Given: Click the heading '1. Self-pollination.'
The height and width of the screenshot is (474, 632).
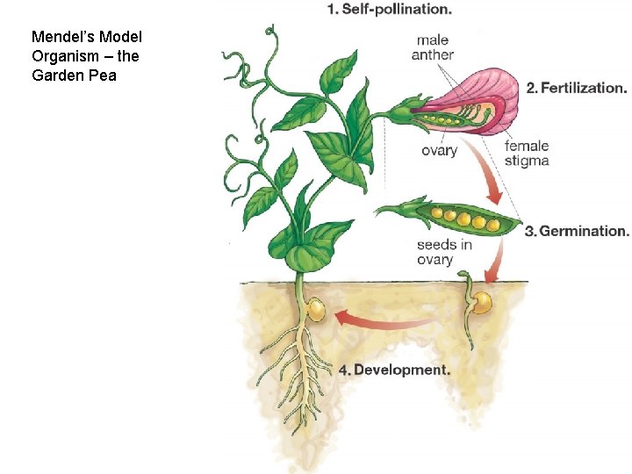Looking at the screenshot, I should (x=389, y=10).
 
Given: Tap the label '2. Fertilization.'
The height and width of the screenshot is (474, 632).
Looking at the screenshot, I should (x=577, y=88).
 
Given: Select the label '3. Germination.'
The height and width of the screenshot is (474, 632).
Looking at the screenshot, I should (x=577, y=232).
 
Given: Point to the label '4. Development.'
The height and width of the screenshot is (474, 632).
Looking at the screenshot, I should (x=394, y=370).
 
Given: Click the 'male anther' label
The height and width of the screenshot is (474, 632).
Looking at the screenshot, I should (x=433, y=47).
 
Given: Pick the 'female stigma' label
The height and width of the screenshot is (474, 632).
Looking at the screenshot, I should (x=527, y=154).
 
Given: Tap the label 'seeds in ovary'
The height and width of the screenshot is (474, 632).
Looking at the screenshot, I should (x=443, y=252).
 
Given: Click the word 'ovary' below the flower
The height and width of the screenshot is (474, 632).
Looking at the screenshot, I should (x=439, y=150).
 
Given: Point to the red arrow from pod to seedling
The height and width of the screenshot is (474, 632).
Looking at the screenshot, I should (x=497, y=258).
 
